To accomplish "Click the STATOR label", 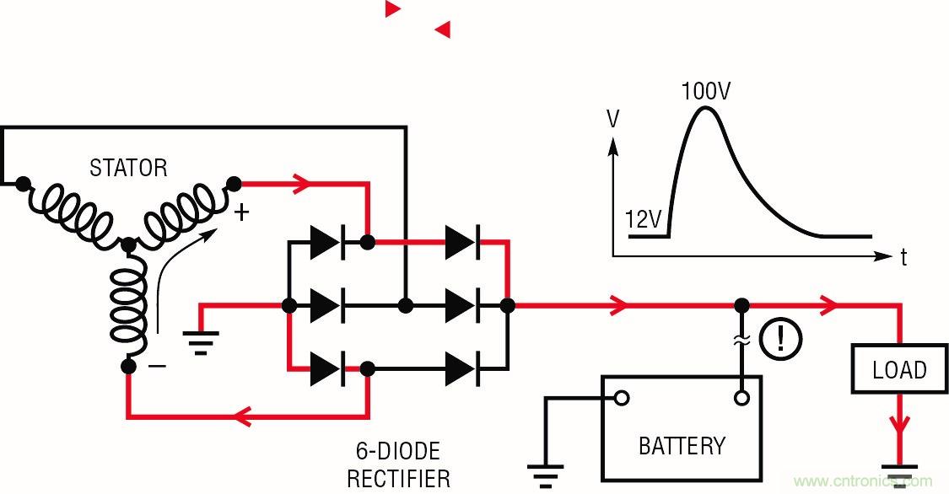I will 128,168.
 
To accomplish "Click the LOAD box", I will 899,370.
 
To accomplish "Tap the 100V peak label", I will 705,91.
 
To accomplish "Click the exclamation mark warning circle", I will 779,339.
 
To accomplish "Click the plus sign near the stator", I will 242,212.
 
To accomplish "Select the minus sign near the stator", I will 158,366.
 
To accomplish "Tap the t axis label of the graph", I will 903,258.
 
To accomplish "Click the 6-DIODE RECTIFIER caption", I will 398,464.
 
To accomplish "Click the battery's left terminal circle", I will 622,398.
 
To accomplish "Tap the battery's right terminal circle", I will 741,398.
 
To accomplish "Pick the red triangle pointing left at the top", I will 443,30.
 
